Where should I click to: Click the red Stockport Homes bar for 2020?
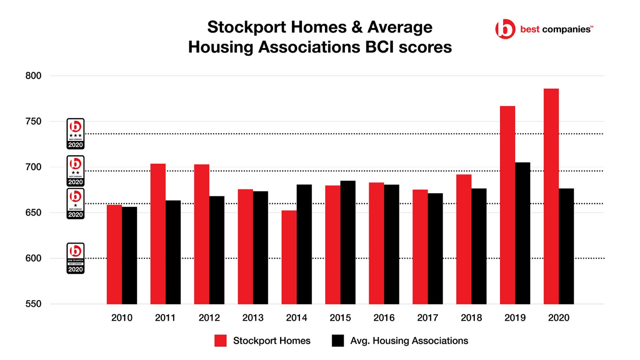(x=551, y=196)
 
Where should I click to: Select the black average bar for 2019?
(x=522, y=233)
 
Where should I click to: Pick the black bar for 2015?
(x=348, y=242)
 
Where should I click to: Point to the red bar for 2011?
(x=158, y=234)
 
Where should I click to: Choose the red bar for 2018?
(x=464, y=239)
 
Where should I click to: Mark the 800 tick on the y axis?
(x=33, y=76)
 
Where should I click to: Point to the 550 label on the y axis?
(x=33, y=304)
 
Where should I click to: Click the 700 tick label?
(x=33, y=167)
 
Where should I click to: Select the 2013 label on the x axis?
(x=253, y=318)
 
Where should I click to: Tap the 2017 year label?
(x=427, y=318)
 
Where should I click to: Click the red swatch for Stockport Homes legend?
(x=220, y=340)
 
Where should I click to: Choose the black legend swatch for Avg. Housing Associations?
(x=338, y=340)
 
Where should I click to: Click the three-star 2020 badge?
(x=75, y=134)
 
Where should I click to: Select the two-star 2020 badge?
(x=75, y=171)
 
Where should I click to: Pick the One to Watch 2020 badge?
(x=75, y=258)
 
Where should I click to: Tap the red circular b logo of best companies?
(x=505, y=29)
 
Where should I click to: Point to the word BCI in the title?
(x=379, y=47)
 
